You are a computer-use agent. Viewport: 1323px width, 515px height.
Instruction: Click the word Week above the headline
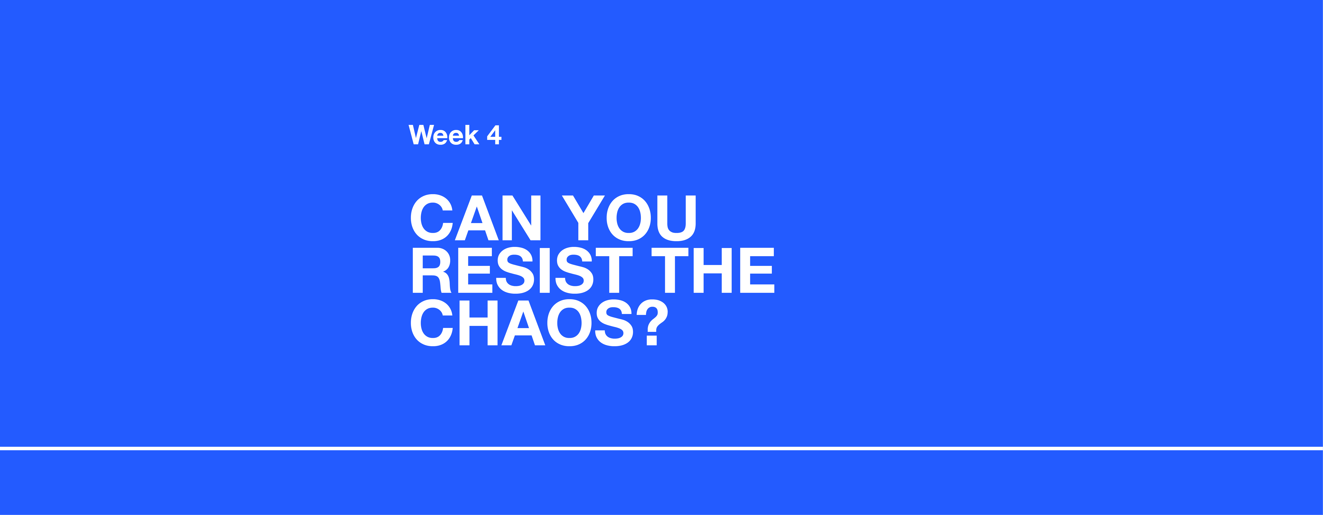pos(444,135)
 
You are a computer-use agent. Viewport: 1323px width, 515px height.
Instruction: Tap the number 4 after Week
pos(494,135)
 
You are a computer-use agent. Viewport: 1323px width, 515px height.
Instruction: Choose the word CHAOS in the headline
pos(522,323)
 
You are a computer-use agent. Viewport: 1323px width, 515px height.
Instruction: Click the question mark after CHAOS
pos(652,323)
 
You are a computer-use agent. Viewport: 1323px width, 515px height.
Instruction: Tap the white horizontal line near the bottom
pos(661,449)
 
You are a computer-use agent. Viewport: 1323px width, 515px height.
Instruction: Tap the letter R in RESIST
pos(431,270)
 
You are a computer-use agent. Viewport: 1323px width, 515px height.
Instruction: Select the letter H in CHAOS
pos(478,323)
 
